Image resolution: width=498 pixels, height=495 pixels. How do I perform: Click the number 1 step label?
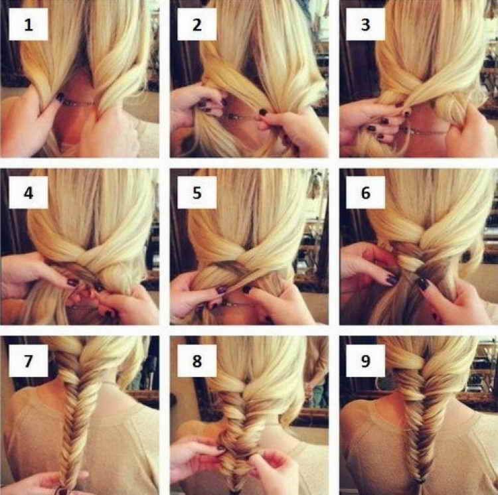29,25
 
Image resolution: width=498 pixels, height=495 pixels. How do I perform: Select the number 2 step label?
197,25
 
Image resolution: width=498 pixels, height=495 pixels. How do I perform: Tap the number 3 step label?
366,25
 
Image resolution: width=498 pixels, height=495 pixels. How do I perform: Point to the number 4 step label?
29,192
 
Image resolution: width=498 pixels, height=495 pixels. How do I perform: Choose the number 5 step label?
197,192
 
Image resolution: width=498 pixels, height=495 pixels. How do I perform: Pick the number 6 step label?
366,192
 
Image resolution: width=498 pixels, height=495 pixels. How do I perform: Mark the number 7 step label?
29,361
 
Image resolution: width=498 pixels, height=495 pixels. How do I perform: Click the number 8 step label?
197,361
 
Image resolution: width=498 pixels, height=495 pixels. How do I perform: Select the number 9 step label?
366,361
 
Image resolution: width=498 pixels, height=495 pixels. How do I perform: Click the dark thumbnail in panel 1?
60,97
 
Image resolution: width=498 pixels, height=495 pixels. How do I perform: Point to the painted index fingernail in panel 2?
263,111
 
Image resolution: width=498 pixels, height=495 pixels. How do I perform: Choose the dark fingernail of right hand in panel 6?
423,283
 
